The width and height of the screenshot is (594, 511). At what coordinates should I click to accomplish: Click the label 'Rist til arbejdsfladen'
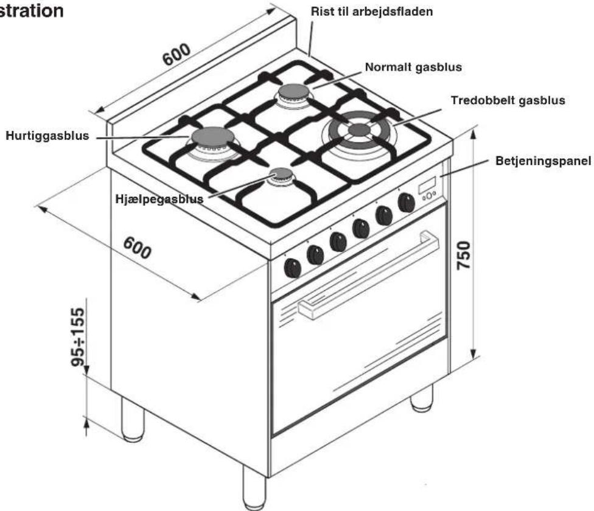point(372,12)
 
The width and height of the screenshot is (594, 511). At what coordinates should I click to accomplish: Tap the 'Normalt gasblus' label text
point(413,68)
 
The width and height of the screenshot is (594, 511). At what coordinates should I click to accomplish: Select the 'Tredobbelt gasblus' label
point(508,101)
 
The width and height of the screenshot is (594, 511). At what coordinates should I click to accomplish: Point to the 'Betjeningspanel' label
point(543,161)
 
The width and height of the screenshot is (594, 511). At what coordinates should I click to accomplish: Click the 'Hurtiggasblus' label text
point(47,136)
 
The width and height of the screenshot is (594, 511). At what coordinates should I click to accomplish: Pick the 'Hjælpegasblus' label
point(159,199)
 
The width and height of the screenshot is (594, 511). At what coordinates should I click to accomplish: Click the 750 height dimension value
point(464,255)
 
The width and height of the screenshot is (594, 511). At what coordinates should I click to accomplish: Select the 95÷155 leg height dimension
point(78,337)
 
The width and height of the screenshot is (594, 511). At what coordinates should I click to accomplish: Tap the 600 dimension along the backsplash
point(176,54)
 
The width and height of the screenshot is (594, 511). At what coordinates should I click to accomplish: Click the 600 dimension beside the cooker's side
point(137,248)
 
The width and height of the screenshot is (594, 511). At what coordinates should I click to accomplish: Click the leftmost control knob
point(292,268)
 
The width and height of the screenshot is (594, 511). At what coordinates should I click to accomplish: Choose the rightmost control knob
point(406,203)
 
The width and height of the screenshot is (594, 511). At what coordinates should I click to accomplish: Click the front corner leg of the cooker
point(254,488)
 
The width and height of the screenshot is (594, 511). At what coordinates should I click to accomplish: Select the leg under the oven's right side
point(422,398)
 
